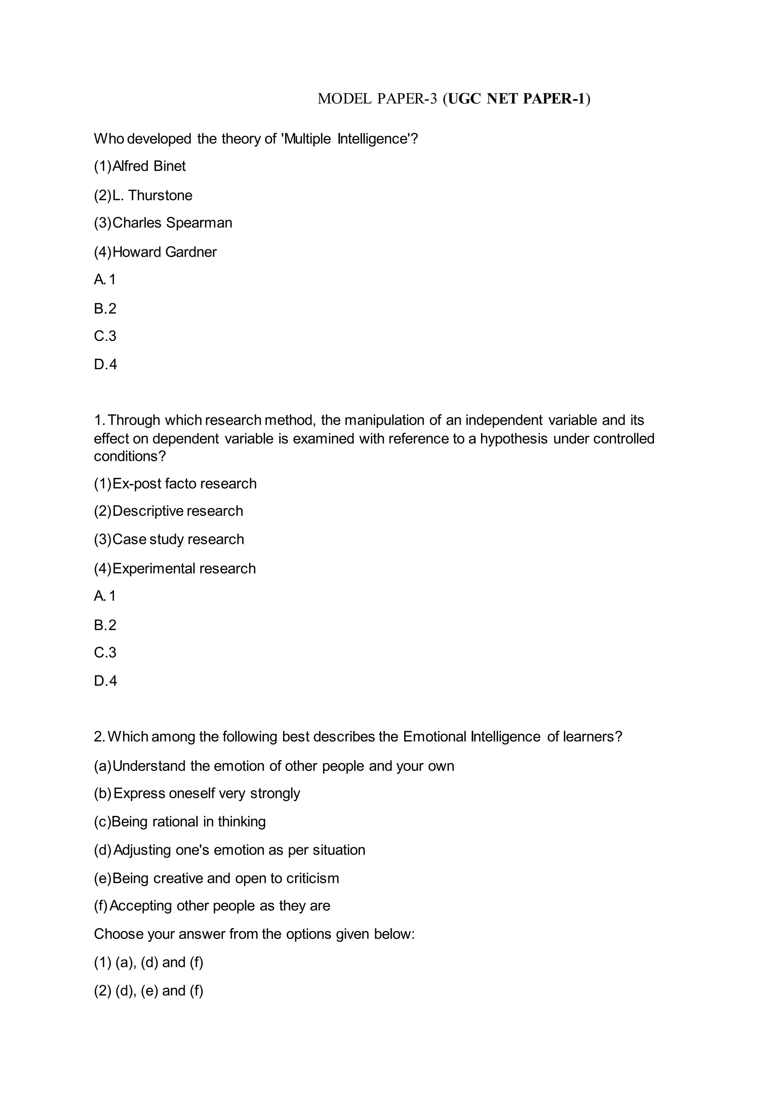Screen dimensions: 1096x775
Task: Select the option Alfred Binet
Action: [148, 166]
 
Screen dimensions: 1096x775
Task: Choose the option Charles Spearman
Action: [172, 223]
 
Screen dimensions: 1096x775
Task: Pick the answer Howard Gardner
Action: [164, 252]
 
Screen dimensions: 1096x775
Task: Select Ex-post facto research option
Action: [184, 484]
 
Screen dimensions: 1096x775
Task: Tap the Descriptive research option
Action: [177, 511]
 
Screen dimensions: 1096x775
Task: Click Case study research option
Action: [178, 539]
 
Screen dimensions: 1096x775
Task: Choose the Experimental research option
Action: [184, 568]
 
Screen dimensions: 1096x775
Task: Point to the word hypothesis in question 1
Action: [514, 438]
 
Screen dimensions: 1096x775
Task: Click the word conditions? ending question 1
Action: [129, 456]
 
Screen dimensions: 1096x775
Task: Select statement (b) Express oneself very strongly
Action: [206, 793]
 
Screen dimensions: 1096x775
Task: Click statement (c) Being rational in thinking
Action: [188, 822]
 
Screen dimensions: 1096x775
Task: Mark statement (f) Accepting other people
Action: [219, 906]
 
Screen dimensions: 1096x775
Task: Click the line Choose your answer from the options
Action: [254, 934]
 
